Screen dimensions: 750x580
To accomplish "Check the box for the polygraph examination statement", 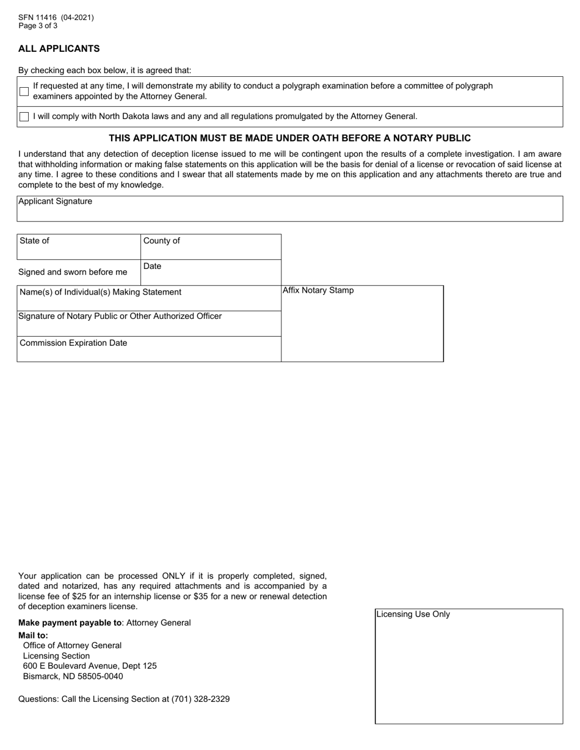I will coord(24,91).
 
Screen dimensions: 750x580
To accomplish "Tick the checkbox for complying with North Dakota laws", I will coord(24,116).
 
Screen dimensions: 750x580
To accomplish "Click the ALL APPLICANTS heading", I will coord(59,49).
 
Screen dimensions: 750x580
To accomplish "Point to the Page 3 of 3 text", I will coord(38,26).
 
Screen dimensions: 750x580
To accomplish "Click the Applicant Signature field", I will coord(289,209).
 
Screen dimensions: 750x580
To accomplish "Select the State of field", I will coord(79,247).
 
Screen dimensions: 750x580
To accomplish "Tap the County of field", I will coord(211,247).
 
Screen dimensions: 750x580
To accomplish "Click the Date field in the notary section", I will coord(211,273).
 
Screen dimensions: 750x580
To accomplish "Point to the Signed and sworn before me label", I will coord(73,272).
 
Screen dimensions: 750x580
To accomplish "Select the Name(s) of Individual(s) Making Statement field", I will coord(149,298).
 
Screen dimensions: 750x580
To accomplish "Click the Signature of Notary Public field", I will coord(149,324).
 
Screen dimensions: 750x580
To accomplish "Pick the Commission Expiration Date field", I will coord(149,349).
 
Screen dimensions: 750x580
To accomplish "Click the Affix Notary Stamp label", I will coord(318,290).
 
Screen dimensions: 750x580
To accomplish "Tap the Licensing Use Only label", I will coord(413,614).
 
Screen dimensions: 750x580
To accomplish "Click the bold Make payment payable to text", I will coord(69,623).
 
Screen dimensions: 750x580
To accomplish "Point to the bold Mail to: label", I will coord(33,635).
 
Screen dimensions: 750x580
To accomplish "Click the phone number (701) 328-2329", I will coord(200,699).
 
